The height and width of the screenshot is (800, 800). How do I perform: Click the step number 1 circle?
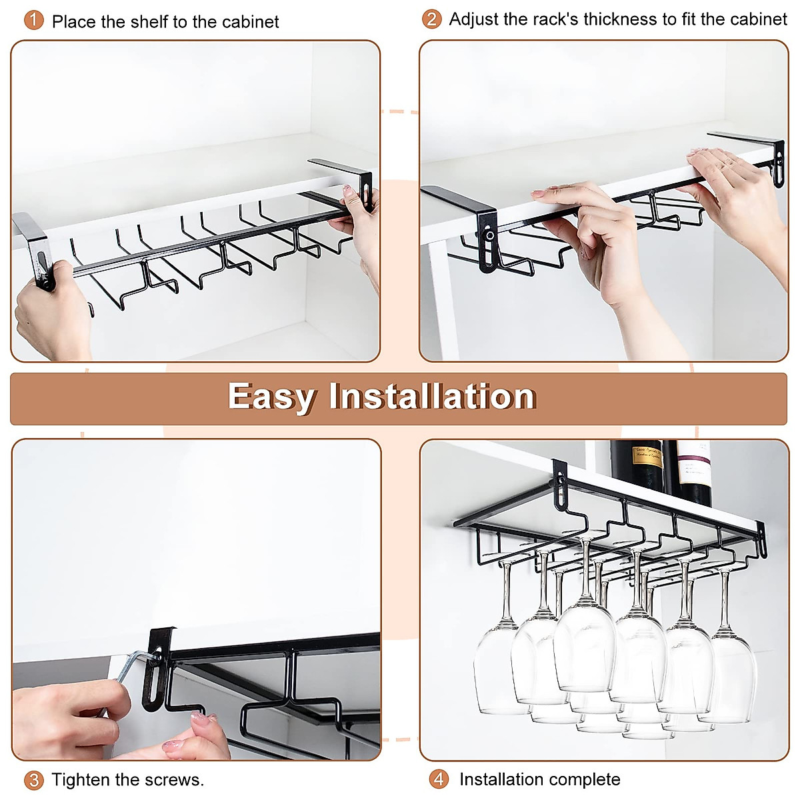pos(33,21)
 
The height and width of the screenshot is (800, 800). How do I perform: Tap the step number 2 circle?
pos(431,19)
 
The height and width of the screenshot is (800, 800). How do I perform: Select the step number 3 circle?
pos(33,780)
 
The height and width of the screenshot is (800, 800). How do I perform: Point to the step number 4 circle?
pos(438,779)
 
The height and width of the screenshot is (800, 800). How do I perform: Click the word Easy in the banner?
pos(271,397)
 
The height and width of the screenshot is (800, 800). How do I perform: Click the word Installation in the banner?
pos(432,397)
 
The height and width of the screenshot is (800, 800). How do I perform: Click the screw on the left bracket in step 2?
pos(490,235)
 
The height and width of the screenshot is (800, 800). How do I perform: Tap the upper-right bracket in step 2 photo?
pos(757,150)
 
